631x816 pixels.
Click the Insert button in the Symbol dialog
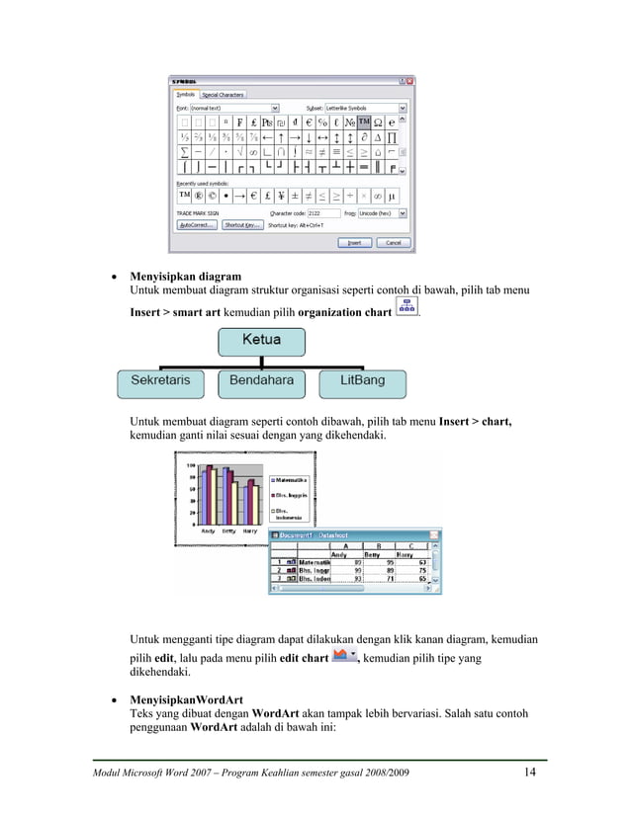click(x=354, y=242)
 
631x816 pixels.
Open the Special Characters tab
click(x=224, y=95)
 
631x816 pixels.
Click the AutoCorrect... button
click(x=196, y=225)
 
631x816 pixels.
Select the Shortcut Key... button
click(x=241, y=225)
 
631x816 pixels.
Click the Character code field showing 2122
click(x=325, y=212)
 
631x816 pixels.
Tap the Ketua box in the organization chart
click(x=261, y=341)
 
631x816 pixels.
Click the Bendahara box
click(x=261, y=380)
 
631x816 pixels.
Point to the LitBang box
click(x=362, y=380)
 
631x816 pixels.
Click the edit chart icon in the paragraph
click(x=344, y=656)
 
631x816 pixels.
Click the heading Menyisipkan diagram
click(x=186, y=277)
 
